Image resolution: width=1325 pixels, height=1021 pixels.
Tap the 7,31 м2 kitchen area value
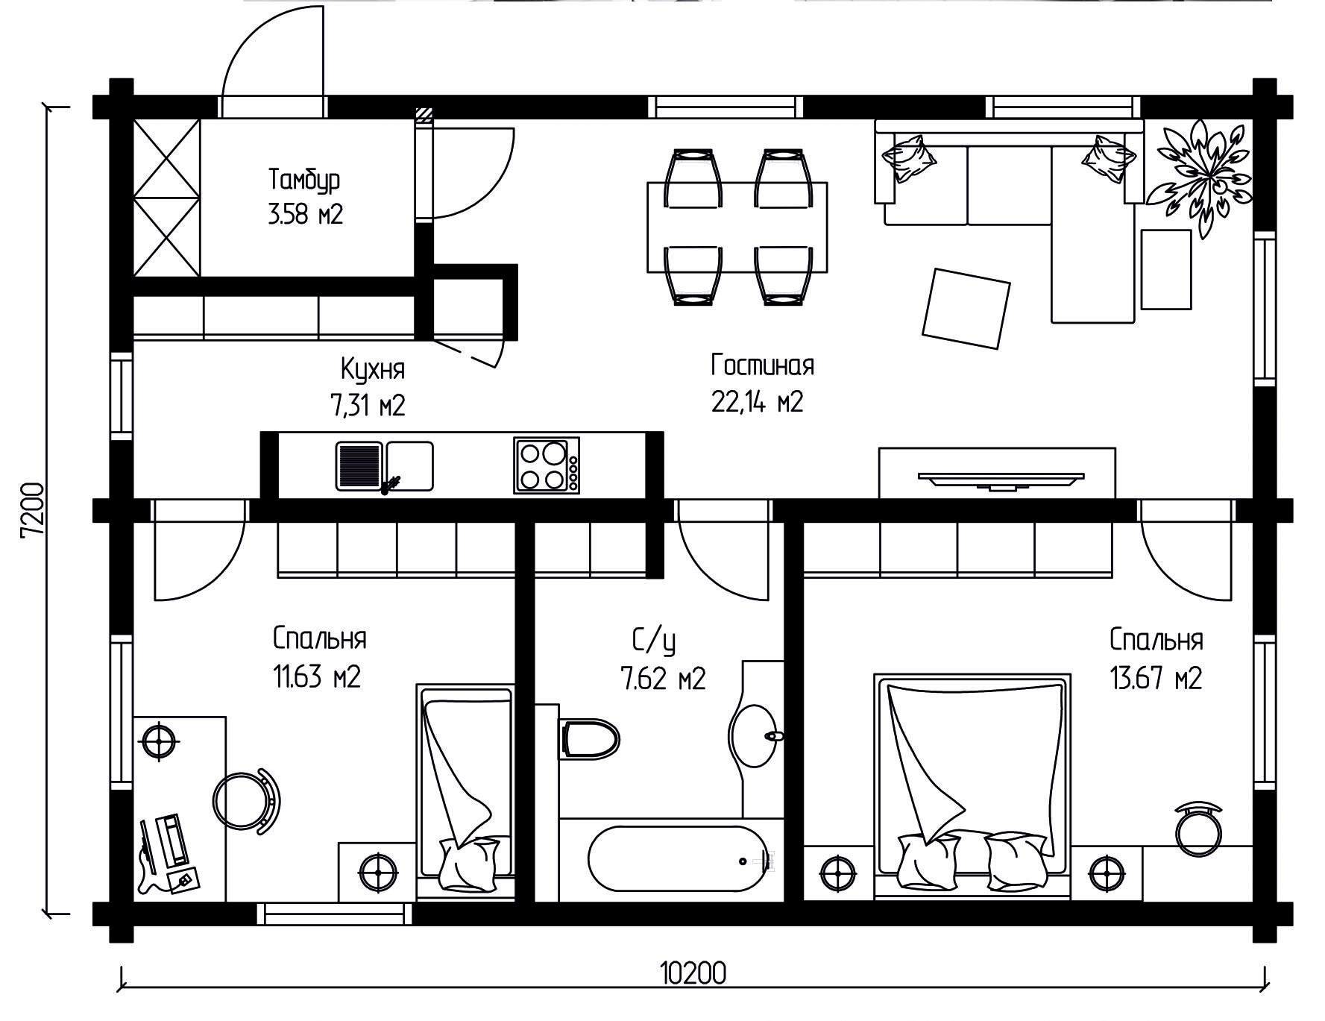tap(368, 406)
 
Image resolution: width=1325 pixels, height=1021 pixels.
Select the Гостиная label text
tap(762, 365)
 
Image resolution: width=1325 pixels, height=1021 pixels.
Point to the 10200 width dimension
tap(693, 973)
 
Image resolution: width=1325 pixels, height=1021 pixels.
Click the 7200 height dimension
tap(34, 510)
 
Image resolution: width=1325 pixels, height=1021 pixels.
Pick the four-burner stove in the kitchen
tap(547, 465)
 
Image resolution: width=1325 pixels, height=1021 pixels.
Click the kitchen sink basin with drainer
tap(384, 466)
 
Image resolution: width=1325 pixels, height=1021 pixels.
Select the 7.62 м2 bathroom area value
tap(663, 679)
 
